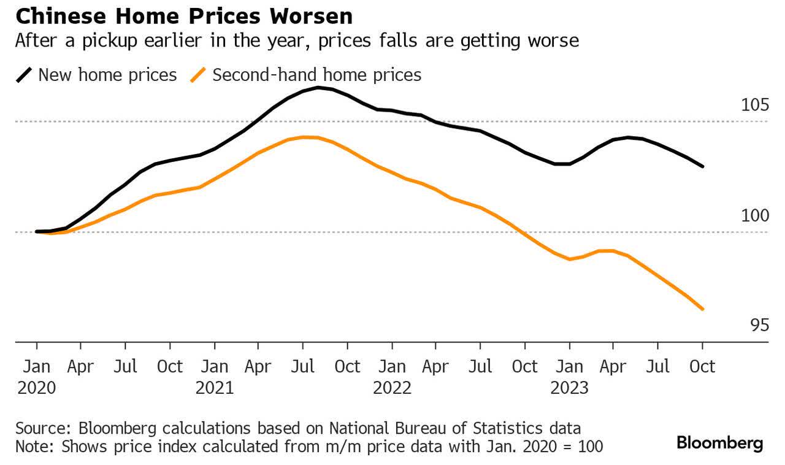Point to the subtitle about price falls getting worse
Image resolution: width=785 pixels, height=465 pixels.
[x=296, y=41]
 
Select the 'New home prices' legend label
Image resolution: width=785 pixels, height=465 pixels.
[x=107, y=75]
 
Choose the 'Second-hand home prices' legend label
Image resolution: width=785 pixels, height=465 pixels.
[x=316, y=75]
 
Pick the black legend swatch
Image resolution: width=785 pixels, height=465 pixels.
[x=24, y=75]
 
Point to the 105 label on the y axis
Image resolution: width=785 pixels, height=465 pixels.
[x=755, y=105]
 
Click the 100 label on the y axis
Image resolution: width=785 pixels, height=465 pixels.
[x=755, y=216]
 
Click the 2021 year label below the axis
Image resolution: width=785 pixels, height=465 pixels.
[x=215, y=388]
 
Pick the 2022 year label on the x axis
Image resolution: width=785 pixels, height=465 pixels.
[x=392, y=388]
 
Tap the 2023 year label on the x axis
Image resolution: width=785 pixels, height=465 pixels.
[x=570, y=388]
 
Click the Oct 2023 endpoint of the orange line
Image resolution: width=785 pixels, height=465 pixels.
[x=703, y=309]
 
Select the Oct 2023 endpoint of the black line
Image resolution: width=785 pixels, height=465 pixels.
[x=703, y=166]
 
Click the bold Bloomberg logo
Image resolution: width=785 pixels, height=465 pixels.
[x=719, y=443]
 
